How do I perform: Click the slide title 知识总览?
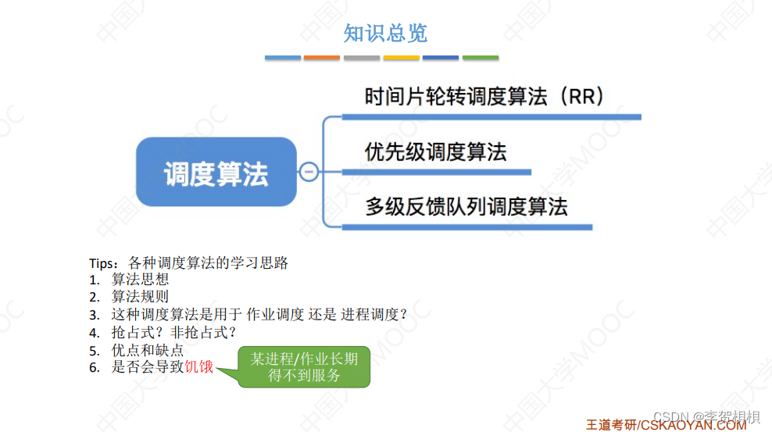385,33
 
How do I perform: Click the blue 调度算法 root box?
216,173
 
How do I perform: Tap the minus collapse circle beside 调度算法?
309,172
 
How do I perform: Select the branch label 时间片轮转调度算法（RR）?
484,97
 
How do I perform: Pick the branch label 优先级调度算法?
435,152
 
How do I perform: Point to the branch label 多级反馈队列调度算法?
466,207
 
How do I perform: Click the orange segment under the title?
322,58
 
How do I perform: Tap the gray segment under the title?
362,58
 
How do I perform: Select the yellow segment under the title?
402,58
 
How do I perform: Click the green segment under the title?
481,58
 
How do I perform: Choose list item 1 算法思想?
140,280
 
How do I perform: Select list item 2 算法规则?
140,297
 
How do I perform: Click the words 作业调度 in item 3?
275,315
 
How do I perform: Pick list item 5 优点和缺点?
148,350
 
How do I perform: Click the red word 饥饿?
199,367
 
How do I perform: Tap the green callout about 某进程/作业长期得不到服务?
304,367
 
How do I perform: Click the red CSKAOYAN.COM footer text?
692,425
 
